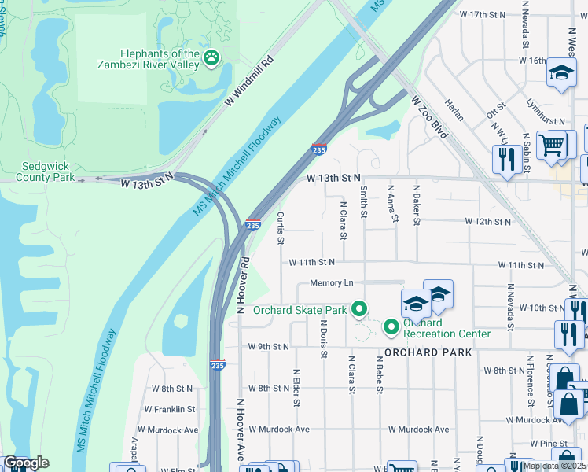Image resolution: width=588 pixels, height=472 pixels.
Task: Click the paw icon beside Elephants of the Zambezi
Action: click(211, 57)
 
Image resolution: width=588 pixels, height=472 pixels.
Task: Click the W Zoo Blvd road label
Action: click(428, 118)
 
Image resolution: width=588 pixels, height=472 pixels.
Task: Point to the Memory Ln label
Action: click(332, 282)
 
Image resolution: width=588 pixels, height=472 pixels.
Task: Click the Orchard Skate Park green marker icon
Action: click(359, 309)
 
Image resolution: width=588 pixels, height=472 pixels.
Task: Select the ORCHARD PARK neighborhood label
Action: click(428, 352)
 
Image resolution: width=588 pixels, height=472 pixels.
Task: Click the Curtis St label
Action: click(280, 228)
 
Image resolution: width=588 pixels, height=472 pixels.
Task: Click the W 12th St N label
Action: click(487, 222)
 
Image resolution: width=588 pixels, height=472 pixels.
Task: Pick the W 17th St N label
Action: click(483, 15)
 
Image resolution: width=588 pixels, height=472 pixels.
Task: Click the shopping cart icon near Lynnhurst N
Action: click(552, 145)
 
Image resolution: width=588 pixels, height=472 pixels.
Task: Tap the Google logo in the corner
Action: click(25, 463)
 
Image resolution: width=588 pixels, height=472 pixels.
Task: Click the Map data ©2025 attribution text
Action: click(555, 466)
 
